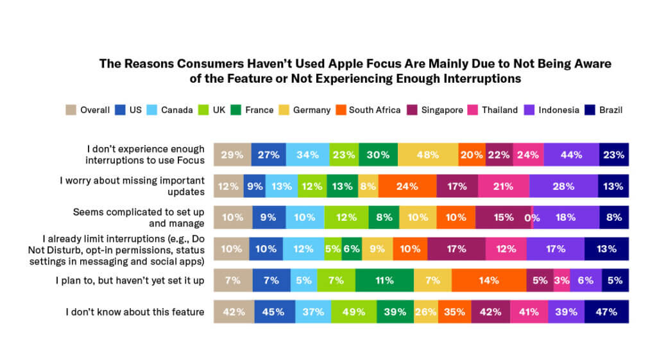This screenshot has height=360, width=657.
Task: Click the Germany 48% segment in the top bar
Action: click(427, 155)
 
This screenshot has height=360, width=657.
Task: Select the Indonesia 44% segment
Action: click(571, 155)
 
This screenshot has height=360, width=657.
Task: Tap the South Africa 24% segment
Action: click(407, 186)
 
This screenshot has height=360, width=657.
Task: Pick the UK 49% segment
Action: click(354, 312)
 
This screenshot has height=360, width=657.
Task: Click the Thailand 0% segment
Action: click(532, 218)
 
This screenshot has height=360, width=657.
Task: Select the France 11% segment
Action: click(384, 280)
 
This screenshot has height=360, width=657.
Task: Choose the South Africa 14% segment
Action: click(488, 280)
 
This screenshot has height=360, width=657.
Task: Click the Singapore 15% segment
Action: click(503, 218)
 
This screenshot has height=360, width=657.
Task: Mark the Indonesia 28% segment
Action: click(564, 186)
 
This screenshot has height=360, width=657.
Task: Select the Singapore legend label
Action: click(441, 110)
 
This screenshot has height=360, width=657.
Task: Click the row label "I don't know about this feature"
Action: click(135, 312)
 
